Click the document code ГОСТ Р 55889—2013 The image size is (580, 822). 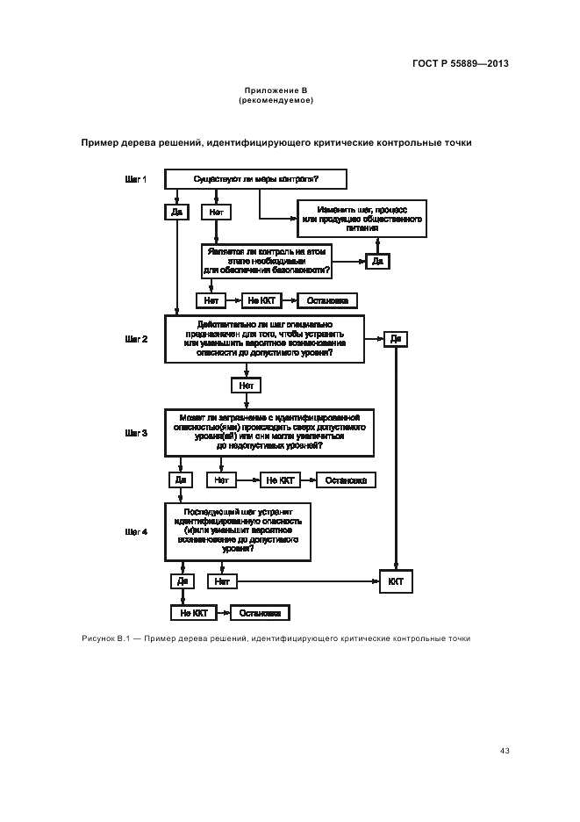(461, 63)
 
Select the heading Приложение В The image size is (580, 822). (276, 90)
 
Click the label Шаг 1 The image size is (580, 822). (136, 179)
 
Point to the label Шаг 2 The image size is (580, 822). (136, 338)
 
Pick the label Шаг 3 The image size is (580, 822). (136, 433)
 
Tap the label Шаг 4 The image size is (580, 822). (136, 531)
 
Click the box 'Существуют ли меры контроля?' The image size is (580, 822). (255, 179)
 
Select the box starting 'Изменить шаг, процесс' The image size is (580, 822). (361, 219)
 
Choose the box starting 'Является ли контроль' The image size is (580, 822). (266, 261)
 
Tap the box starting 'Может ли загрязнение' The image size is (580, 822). (269, 433)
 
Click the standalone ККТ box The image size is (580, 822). (396, 581)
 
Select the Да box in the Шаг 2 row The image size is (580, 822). (396, 339)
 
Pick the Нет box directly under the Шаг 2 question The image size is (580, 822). (246, 386)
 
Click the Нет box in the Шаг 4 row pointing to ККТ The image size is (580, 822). (222, 581)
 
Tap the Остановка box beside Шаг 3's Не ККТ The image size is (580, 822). (347, 480)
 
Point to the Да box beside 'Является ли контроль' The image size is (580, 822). (377, 261)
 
